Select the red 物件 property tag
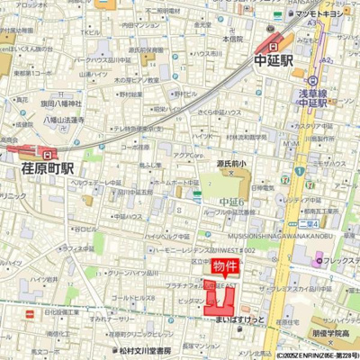tap(226, 266)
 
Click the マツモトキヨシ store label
tap(321, 13)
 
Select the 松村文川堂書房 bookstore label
tap(152, 351)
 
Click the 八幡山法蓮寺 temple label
tap(62, 120)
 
